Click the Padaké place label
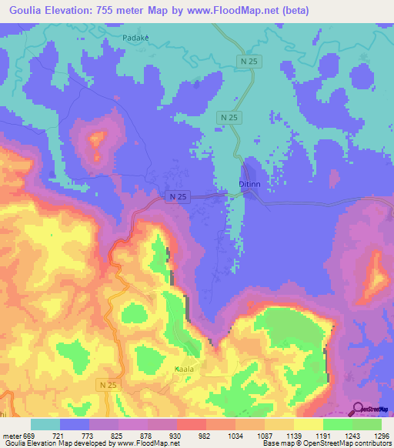tap(135, 36)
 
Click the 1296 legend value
tap(381, 435)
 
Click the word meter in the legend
tap(12, 435)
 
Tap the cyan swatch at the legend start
tap(45, 424)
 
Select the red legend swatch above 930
tap(192, 424)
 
